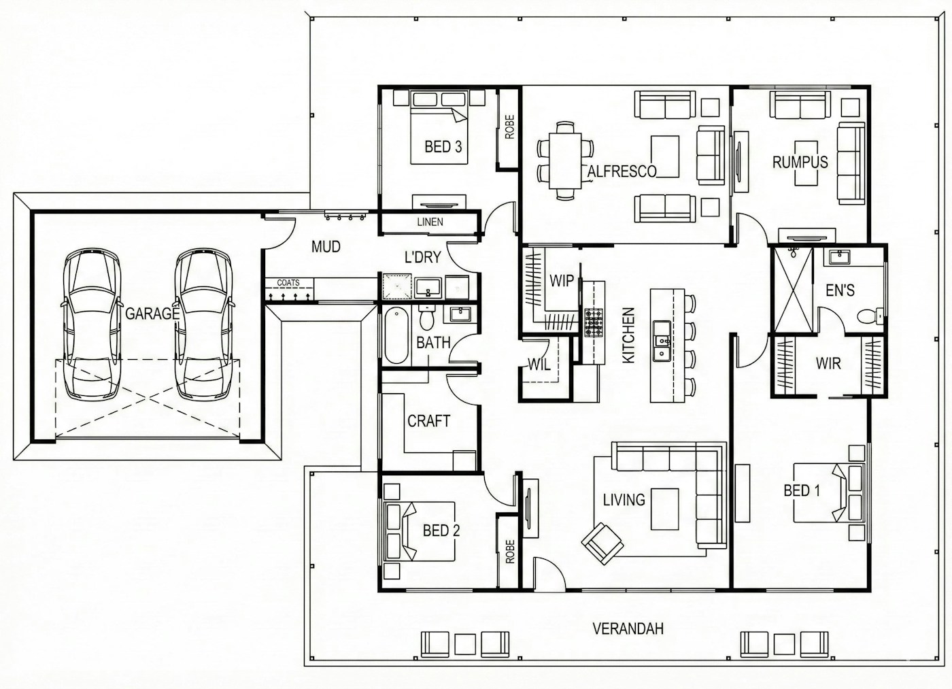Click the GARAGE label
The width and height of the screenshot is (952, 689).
(152, 314)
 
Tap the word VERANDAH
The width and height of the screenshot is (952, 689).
(628, 628)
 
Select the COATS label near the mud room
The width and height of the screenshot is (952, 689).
(288, 283)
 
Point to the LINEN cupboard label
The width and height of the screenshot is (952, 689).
(430, 222)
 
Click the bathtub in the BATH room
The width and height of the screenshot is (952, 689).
(396, 335)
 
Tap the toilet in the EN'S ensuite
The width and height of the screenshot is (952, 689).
(868, 316)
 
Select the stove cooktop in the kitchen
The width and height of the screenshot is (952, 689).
(594, 322)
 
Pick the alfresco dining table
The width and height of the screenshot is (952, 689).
(565, 161)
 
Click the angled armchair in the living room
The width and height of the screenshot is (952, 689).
(602, 543)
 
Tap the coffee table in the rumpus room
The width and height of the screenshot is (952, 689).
(806, 163)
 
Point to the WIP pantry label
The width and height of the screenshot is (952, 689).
(562, 280)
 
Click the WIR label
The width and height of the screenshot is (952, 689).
(828, 363)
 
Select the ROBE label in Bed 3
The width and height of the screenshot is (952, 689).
(509, 127)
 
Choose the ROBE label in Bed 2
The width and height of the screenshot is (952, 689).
(510, 552)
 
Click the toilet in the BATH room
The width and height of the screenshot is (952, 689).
(426, 318)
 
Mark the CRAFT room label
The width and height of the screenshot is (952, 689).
(428, 421)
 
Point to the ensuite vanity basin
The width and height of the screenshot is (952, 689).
(837, 257)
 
